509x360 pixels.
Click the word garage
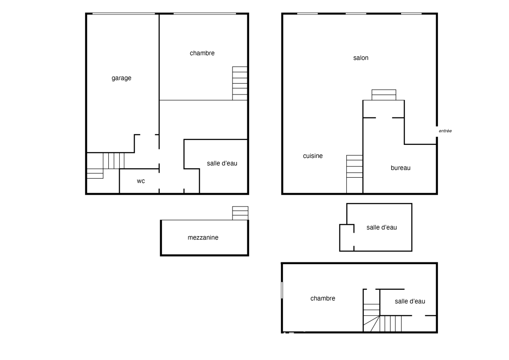pyautogui.click(x=121, y=78)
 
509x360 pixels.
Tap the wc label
pyautogui.click(x=141, y=181)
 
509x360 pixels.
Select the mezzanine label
pyautogui.click(x=203, y=238)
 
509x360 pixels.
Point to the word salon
pyautogui.click(x=361, y=58)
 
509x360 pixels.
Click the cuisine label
pyautogui.click(x=313, y=156)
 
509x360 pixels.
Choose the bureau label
pyautogui.click(x=401, y=168)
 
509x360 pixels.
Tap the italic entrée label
pyautogui.click(x=445, y=131)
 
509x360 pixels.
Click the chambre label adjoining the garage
pyautogui.click(x=202, y=53)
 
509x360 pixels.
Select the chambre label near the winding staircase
pyautogui.click(x=323, y=298)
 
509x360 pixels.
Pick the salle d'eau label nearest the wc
pyautogui.click(x=222, y=163)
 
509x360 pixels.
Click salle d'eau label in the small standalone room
pyautogui.click(x=381, y=227)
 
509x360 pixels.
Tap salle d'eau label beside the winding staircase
pyautogui.click(x=410, y=301)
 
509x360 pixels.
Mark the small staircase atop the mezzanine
pyautogui.click(x=240, y=213)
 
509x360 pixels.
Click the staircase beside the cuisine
pyautogui.click(x=354, y=174)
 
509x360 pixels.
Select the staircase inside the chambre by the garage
pyautogui.click(x=240, y=83)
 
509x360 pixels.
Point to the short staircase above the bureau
pyautogui.click(x=384, y=95)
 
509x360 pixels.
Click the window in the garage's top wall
pyautogui.click(x=124, y=13)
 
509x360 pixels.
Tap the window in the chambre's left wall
pyautogui.click(x=282, y=290)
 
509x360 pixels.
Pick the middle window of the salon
pyautogui.click(x=356, y=13)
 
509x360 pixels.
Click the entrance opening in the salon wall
pyautogui.click(x=437, y=131)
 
